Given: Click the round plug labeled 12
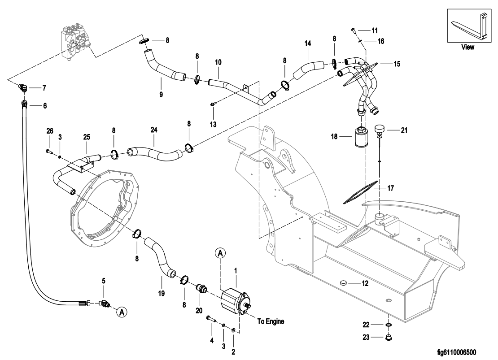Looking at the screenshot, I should pyautogui.click(x=344, y=283).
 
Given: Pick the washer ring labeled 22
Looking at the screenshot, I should pyautogui.click(x=389, y=324).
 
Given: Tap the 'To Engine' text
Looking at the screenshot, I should pyautogui.click(x=271, y=321).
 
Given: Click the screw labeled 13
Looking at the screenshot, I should pyautogui.click(x=213, y=104).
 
